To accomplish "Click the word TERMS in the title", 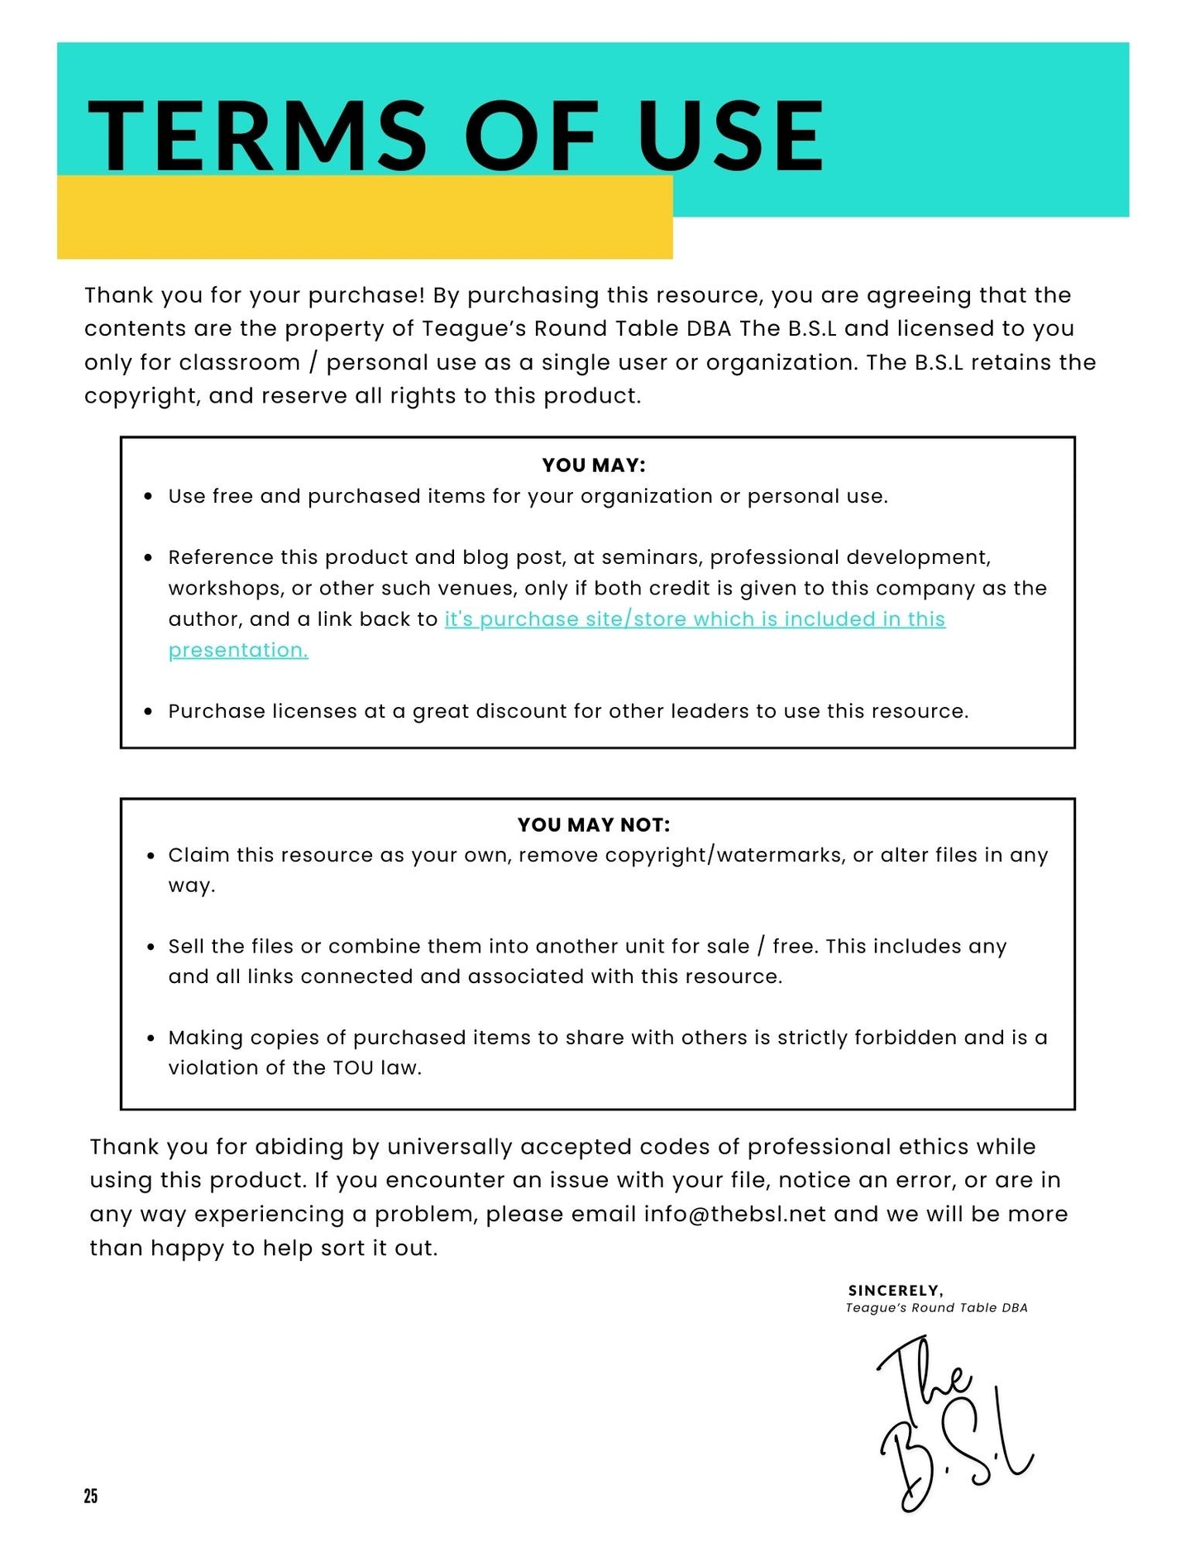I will [x=257, y=136].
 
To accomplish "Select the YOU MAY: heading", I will [x=594, y=466].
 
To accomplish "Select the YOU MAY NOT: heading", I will [x=594, y=824].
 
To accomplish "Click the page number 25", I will [x=91, y=1496].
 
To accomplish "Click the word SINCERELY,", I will [x=896, y=1291].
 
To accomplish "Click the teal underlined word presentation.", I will [x=238, y=651].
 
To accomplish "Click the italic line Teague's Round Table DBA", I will [x=936, y=1308].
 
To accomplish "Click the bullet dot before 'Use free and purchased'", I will [x=149, y=497].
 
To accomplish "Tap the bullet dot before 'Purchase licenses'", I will [x=149, y=712].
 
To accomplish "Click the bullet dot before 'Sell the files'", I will [x=150, y=947].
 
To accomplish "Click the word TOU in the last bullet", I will [x=353, y=1068].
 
